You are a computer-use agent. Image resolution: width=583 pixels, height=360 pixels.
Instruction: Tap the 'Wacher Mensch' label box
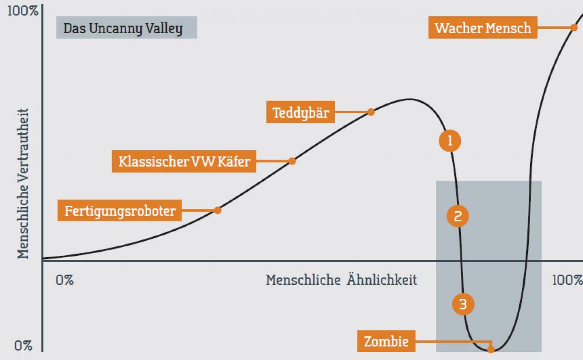[x=483, y=28]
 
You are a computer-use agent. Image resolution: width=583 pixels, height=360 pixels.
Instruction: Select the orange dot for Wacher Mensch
[x=574, y=28]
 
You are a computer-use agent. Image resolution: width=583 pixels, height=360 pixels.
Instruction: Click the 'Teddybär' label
[x=300, y=112]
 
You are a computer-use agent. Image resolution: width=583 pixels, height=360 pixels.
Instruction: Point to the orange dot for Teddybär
[x=371, y=112]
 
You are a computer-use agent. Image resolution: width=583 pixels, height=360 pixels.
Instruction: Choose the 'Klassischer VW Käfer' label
[x=184, y=161]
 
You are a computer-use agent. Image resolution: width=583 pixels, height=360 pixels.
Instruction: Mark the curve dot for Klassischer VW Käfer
[x=292, y=161]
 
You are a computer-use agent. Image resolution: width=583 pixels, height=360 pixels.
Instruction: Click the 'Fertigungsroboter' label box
[x=120, y=210]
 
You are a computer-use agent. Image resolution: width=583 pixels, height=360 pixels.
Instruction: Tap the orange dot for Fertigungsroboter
[x=218, y=210]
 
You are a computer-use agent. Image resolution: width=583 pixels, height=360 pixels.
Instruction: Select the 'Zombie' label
[x=386, y=341]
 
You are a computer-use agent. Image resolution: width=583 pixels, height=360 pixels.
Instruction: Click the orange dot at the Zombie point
[x=491, y=350]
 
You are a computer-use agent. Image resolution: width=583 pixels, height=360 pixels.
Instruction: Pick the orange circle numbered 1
[x=450, y=141]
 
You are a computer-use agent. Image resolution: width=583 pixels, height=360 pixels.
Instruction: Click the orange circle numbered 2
[x=458, y=216]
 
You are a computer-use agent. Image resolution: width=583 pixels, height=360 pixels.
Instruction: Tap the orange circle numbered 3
[x=463, y=304]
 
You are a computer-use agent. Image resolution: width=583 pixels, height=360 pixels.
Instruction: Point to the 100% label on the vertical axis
[x=23, y=11]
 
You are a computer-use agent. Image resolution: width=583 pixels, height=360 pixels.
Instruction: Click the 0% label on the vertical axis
[x=23, y=346]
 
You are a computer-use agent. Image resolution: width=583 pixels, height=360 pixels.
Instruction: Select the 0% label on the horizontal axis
[x=65, y=280]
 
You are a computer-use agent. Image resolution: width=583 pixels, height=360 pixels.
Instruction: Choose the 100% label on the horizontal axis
[x=567, y=280]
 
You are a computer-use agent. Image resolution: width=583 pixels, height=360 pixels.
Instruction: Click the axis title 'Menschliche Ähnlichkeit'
[x=341, y=279]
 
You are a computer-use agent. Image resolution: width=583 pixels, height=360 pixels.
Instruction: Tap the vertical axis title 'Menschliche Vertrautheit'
[x=23, y=184]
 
